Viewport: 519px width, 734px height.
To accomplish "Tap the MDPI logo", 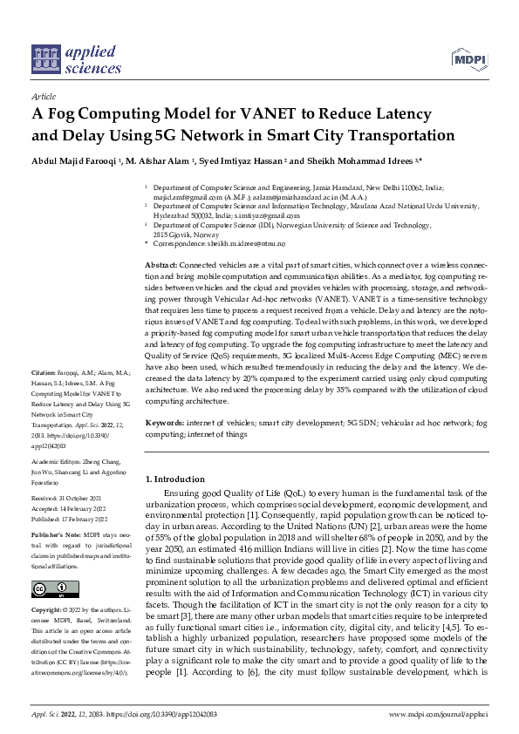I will (x=468, y=59).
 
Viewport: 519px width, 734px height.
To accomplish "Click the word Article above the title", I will (x=43, y=97).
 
